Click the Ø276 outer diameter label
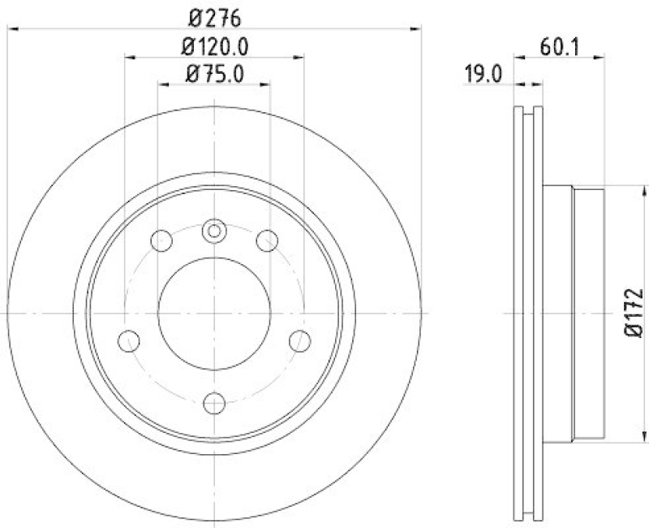(x=215, y=17)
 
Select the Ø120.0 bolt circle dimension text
(x=215, y=46)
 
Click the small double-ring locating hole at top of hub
(x=214, y=232)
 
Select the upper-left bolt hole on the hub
(x=162, y=241)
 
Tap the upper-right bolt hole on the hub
(x=267, y=240)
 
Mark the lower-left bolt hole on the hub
(x=129, y=341)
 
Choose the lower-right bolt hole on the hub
(x=299, y=341)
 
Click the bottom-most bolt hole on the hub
(x=214, y=402)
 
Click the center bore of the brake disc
(x=214, y=313)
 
